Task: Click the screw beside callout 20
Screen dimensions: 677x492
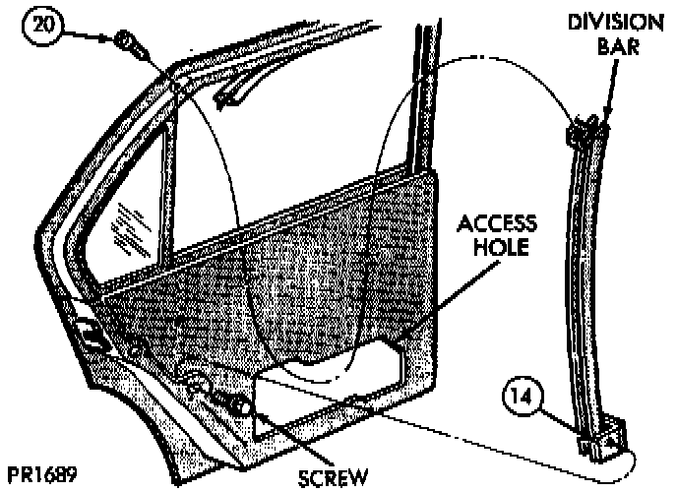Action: (x=127, y=42)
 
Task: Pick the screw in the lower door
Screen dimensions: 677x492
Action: (x=238, y=402)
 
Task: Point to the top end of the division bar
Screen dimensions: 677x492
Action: (x=586, y=128)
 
